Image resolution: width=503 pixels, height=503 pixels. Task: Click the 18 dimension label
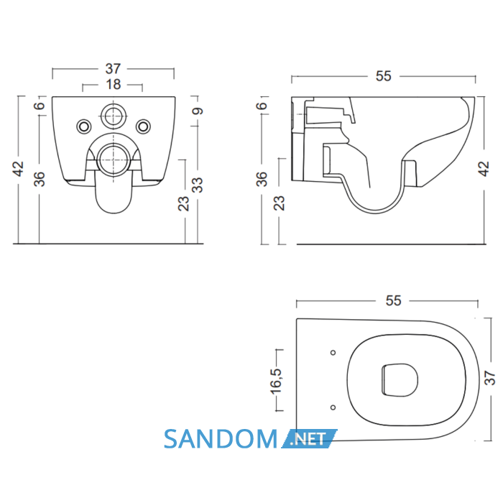[114, 85]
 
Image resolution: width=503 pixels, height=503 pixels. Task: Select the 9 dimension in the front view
[198, 111]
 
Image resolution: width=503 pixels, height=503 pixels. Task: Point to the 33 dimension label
[198, 185]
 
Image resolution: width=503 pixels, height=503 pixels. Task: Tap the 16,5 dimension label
[275, 381]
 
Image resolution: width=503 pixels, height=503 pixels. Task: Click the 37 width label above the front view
[114, 69]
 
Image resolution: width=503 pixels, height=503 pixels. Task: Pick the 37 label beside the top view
[490, 378]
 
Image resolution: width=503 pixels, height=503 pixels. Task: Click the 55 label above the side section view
[383, 76]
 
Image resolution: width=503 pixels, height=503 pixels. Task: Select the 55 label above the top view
[393, 300]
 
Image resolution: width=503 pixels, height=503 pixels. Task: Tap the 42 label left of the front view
[18, 169]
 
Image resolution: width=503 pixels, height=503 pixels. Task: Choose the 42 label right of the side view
[484, 169]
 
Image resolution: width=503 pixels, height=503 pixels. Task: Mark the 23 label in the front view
[183, 203]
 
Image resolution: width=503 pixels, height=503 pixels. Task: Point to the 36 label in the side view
[262, 179]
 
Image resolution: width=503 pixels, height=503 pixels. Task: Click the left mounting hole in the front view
[84, 126]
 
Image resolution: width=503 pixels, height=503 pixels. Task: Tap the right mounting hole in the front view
[143, 126]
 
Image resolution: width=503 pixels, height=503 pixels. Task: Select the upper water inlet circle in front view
[114, 116]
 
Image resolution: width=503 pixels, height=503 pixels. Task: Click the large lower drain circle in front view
[114, 160]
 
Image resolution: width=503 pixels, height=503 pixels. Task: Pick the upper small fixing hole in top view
[333, 353]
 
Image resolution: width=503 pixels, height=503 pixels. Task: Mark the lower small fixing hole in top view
[333, 407]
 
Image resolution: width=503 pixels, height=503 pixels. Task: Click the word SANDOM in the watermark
[221, 439]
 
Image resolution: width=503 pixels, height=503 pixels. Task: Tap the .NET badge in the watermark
[308, 439]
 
